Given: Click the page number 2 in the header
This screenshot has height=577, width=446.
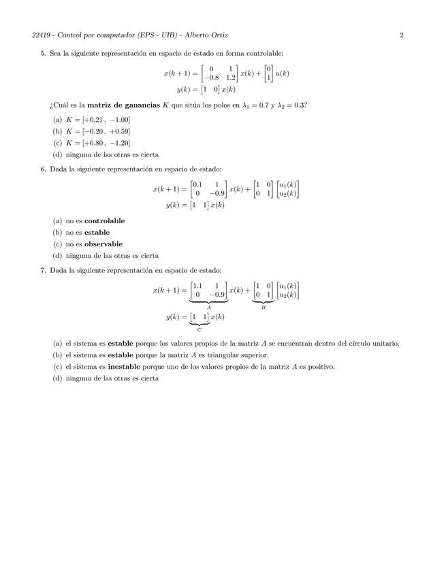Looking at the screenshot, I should (402, 35).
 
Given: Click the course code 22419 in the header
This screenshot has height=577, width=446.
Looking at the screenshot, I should (22, 35).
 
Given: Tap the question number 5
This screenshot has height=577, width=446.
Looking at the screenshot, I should (43, 53).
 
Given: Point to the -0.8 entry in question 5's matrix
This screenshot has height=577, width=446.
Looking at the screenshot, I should (213, 78).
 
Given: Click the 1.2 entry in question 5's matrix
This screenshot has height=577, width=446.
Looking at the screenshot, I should (231, 78).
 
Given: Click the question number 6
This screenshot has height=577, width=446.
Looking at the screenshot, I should (43, 169).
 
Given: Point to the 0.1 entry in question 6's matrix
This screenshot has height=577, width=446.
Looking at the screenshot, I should (197, 184).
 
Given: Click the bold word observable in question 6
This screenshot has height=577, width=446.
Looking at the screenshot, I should (103, 244).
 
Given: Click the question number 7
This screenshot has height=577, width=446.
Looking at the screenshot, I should (43, 270).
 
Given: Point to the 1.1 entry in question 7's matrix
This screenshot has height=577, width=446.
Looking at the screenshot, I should (197, 285).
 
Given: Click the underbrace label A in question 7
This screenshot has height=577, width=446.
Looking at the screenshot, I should (208, 308).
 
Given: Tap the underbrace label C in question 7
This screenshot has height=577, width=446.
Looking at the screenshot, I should (199, 329).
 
